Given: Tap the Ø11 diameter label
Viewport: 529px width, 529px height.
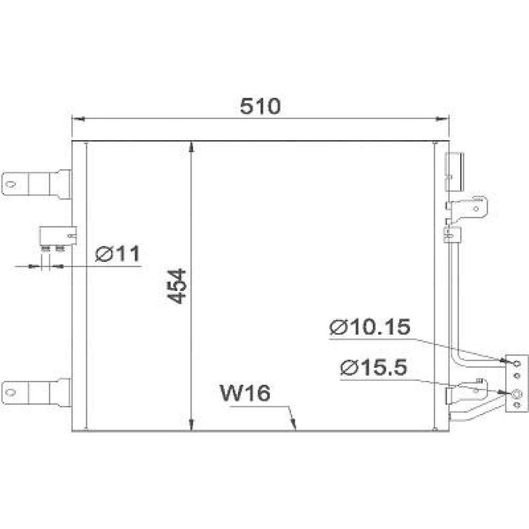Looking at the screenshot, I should tap(117, 254).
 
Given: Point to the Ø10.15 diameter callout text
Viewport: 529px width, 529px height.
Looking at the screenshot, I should tap(369, 327).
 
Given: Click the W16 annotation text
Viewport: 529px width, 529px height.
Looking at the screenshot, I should tap(245, 394).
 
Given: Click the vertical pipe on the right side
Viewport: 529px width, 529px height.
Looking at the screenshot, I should tap(453, 296).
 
